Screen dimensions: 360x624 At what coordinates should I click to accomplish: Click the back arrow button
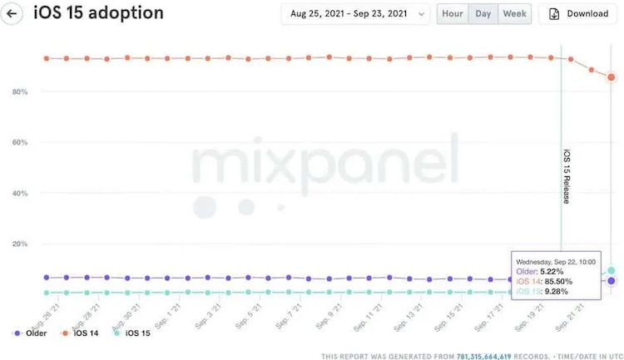tap(12, 13)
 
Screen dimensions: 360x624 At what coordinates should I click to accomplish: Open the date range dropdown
tap(355, 13)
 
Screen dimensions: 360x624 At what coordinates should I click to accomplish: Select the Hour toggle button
tap(453, 13)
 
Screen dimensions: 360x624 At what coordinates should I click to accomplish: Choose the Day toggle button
tap(483, 13)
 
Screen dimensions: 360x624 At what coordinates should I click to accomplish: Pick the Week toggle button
tap(514, 13)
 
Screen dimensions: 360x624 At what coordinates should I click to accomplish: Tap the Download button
tap(578, 13)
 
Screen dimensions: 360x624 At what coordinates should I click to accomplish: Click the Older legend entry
tap(30, 333)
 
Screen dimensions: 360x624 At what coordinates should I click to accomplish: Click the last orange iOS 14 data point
tap(612, 77)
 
